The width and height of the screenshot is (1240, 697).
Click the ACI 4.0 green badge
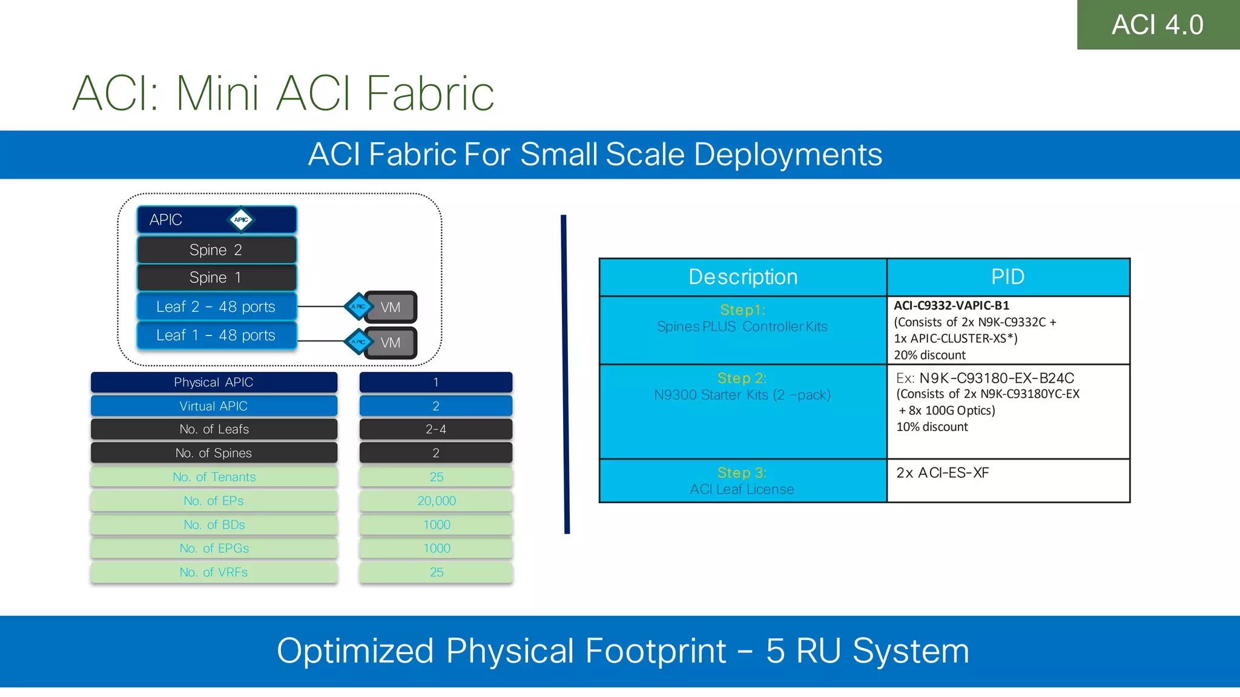tap(1158, 25)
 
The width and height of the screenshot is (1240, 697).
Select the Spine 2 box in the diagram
tap(216, 250)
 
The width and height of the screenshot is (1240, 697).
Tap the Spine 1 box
tap(216, 277)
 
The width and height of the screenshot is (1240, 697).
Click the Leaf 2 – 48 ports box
tap(216, 306)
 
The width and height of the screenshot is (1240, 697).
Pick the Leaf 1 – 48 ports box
tap(216, 335)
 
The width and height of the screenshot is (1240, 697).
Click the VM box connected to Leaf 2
tap(391, 307)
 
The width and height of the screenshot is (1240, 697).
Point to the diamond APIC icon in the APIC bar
tap(241, 220)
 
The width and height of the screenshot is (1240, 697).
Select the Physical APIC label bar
tap(214, 382)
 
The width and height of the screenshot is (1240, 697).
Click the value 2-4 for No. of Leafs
tap(435, 429)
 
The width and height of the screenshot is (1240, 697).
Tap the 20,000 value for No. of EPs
tap(436, 501)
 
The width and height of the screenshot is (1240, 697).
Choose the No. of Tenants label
tap(214, 477)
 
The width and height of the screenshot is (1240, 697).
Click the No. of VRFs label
tap(214, 572)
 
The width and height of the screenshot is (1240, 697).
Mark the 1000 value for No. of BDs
tap(436, 524)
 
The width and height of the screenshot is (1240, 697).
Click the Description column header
tap(743, 277)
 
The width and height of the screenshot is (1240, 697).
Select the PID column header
tap(1007, 277)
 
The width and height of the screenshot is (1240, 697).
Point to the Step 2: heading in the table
tap(742, 378)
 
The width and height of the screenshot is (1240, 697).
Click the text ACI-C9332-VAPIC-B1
tap(951, 306)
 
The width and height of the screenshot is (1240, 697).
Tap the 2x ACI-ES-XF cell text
tap(942, 473)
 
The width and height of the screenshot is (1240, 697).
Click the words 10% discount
tap(932, 427)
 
